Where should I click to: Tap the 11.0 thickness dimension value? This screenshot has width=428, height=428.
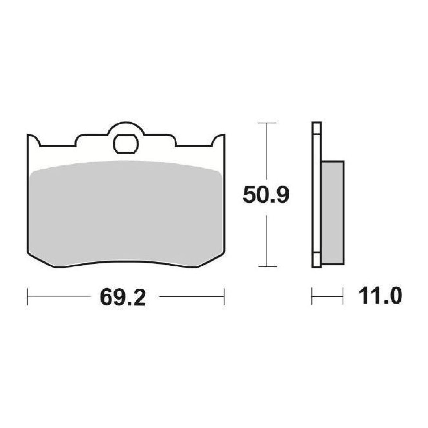click(380, 296)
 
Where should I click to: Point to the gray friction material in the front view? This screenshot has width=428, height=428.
click(126, 213)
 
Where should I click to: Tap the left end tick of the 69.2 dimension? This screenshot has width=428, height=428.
click(27, 297)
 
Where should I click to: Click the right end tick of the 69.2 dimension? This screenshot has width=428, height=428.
click(224, 297)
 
